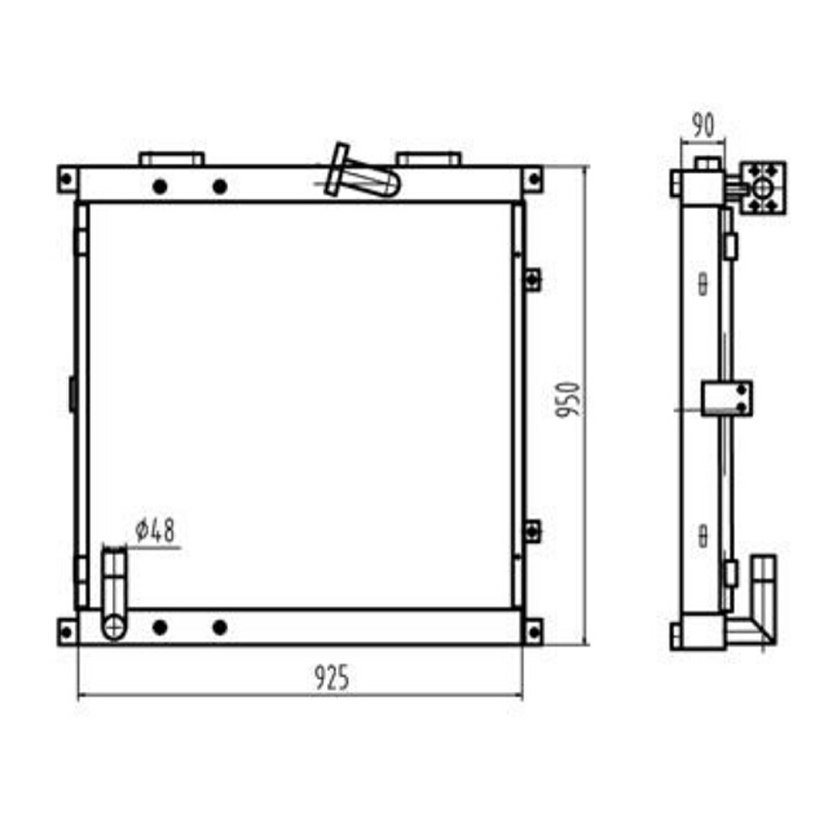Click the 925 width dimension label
point(331,677)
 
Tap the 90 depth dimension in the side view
point(703,125)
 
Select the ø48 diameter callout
point(155,530)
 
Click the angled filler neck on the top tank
point(362,173)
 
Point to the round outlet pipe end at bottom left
point(114,627)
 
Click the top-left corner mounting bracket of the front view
point(67,179)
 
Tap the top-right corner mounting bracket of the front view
point(533,179)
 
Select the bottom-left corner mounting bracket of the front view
point(67,631)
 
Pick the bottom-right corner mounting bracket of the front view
point(533,631)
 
